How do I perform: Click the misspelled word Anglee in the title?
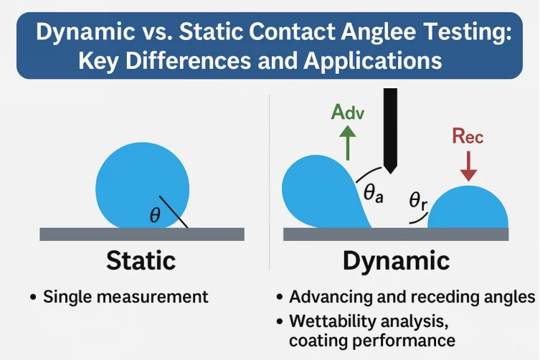[x=379, y=32]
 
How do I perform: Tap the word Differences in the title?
[x=188, y=61]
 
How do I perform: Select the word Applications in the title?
[x=373, y=62]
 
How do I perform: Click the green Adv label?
[x=348, y=112]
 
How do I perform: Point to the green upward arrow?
[x=348, y=143]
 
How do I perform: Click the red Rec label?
[x=468, y=136]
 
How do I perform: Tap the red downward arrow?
[x=468, y=166]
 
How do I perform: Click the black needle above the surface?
[x=390, y=131]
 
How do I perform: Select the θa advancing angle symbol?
[x=374, y=193]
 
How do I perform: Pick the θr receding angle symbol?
[x=418, y=201]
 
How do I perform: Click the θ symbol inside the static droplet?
[x=155, y=216]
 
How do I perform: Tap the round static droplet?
[x=142, y=186]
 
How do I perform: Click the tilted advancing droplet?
[x=321, y=192]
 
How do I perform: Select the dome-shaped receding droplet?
[x=468, y=207]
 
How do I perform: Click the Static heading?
[x=141, y=260]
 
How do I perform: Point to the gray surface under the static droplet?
[x=142, y=235]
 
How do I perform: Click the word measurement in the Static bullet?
[x=153, y=297]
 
